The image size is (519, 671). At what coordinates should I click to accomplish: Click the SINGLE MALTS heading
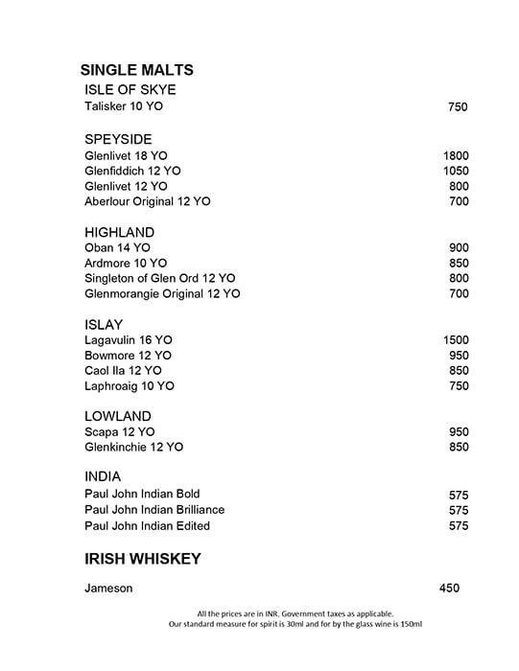pyautogui.click(x=136, y=70)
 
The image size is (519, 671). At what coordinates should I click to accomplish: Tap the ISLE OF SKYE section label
pyautogui.click(x=130, y=90)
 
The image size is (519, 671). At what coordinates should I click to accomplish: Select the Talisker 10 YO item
pyautogui.click(x=124, y=107)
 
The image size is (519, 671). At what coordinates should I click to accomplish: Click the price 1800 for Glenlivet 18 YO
pyautogui.click(x=455, y=155)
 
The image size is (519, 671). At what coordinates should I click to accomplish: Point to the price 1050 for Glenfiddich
pyautogui.click(x=455, y=171)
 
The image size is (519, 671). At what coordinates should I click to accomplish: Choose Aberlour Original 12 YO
pyautogui.click(x=148, y=201)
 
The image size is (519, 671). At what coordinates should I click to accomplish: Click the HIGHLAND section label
pyautogui.click(x=120, y=232)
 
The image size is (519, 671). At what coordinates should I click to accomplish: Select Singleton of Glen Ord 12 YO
pyautogui.click(x=159, y=278)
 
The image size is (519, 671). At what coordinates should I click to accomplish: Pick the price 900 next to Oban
pyautogui.click(x=459, y=247)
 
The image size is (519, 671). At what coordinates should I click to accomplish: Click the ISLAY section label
pyautogui.click(x=104, y=324)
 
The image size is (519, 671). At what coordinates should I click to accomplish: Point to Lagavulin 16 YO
pyautogui.click(x=129, y=339)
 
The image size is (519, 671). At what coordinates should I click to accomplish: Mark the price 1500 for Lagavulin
pyautogui.click(x=455, y=339)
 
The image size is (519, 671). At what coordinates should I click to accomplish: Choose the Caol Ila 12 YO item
pyautogui.click(x=123, y=370)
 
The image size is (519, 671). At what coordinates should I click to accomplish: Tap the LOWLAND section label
pyautogui.click(x=118, y=416)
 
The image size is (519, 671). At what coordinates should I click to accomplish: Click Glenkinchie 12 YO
pyautogui.click(x=133, y=447)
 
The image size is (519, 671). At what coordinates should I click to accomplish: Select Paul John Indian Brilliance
pyautogui.click(x=154, y=510)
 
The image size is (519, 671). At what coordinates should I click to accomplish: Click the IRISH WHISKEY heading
pyautogui.click(x=141, y=559)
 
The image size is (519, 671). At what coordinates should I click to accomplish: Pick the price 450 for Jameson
pyautogui.click(x=448, y=589)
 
